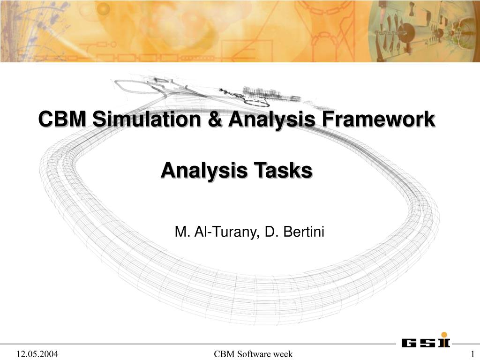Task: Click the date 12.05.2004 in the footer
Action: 37,354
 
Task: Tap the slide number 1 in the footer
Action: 472,354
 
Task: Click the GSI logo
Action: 425,343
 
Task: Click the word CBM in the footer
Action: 223,354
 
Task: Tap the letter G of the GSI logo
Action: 408,343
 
